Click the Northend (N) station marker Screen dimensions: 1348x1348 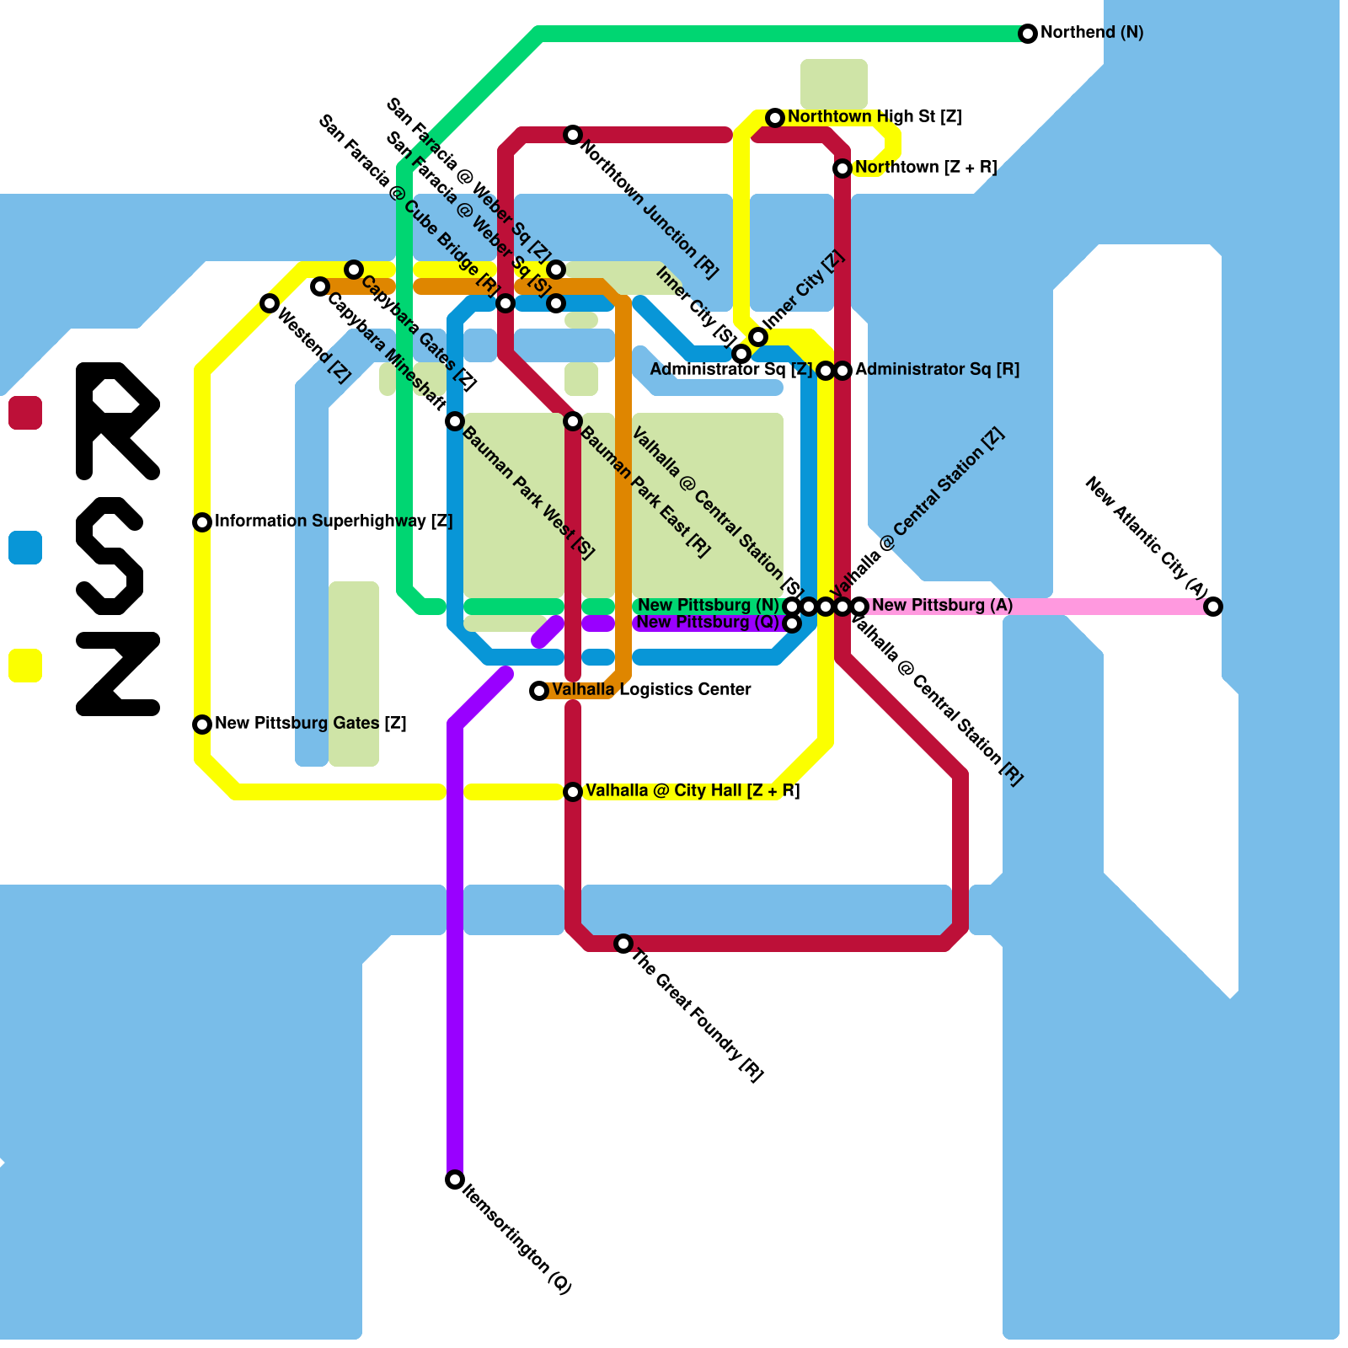tap(1028, 34)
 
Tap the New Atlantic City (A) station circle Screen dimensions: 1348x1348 tap(1213, 607)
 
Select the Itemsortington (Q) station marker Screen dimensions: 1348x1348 tap(455, 1179)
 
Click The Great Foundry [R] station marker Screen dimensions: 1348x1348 tap(623, 944)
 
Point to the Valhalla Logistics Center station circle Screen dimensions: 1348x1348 tap(539, 691)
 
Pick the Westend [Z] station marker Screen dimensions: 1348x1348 tap(270, 303)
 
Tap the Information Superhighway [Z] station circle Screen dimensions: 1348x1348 tap(202, 522)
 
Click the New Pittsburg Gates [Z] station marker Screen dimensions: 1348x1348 tap(202, 725)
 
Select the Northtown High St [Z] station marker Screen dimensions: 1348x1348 tap(775, 118)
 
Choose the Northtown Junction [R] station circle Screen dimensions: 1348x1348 tap(573, 135)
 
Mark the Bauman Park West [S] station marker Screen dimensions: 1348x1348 tap(455, 421)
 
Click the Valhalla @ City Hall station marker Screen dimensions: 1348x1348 tap(573, 792)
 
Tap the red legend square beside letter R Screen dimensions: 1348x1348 tap(25, 413)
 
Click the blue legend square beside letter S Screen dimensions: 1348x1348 tap(25, 548)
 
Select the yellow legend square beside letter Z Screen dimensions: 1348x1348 tap(25, 666)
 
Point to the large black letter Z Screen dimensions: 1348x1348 tap(118, 674)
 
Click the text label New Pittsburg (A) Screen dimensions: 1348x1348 tap(942, 605)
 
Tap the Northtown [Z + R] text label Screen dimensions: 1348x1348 tap(926, 167)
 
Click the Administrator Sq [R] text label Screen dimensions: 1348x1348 tap(937, 369)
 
